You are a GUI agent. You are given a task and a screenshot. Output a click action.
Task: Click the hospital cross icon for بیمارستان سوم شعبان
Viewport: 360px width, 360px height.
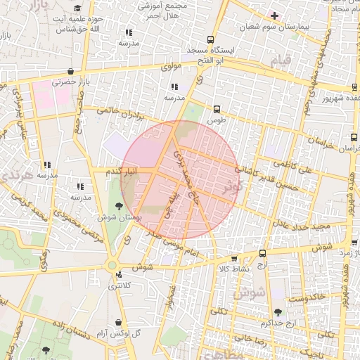[x=274, y=15]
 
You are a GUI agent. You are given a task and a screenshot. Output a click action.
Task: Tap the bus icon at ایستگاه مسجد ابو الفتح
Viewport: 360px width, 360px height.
[x=211, y=40]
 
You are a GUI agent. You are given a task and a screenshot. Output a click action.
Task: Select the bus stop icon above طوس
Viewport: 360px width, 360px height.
[x=217, y=109]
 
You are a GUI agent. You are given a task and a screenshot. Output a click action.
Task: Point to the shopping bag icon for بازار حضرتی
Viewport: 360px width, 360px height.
[x=71, y=72]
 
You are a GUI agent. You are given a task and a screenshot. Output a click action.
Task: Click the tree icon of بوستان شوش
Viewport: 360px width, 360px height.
[x=118, y=206]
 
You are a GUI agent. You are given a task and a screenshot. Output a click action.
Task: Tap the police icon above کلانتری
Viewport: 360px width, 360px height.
[x=119, y=275]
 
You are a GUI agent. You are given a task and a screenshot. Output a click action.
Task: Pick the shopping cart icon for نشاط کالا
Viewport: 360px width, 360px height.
[x=234, y=259]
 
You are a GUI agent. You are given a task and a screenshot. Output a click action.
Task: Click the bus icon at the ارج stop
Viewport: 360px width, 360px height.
[x=262, y=253]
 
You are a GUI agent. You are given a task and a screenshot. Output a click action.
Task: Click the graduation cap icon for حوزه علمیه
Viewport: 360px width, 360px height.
[x=77, y=7]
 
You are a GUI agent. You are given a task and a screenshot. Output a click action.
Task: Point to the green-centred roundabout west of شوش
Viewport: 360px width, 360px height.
[x=111, y=265]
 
